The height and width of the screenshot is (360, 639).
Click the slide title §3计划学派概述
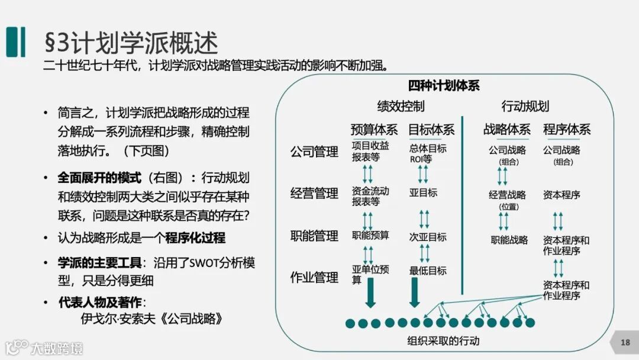point(131,43)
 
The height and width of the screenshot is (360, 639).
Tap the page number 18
point(625,342)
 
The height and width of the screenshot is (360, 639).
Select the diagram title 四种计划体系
point(444,85)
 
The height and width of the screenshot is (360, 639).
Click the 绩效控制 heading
point(401,107)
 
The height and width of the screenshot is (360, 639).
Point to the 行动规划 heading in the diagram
point(525,107)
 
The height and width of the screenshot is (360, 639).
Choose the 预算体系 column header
point(374,129)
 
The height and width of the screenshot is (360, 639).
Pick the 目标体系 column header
point(431,129)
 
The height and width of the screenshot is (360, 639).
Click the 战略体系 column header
point(507,129)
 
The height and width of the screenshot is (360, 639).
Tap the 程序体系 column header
point(567,129)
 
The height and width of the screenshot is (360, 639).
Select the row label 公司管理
point(314,152)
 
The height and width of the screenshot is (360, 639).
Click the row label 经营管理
point(314,194)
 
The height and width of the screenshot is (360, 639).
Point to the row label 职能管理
point(314,236)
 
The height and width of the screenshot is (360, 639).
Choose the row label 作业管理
point(314,277)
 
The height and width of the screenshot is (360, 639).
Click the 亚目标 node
point(423,192)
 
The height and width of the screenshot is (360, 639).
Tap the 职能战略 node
point(509,240)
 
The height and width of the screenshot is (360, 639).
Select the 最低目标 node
point(427,271)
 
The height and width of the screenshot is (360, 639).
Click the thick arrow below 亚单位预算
point(370,293)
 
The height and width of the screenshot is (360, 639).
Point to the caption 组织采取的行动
point(443,340)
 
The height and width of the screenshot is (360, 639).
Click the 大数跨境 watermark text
point(57,348)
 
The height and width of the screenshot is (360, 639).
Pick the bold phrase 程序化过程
point(195,238)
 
